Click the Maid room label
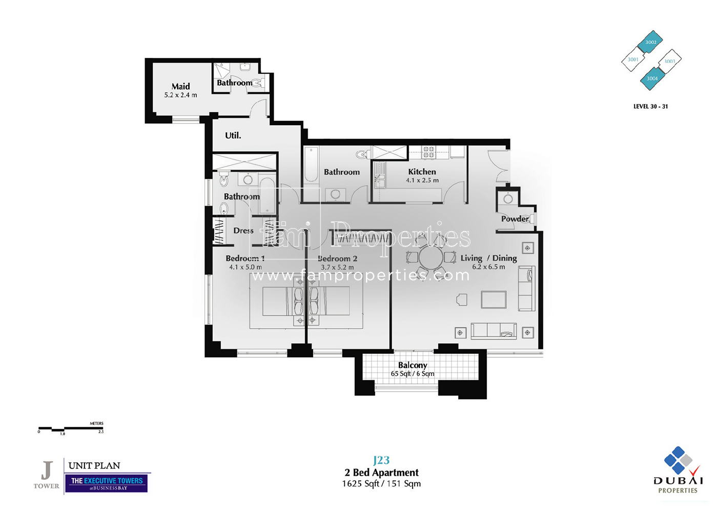click(x=180, y=86)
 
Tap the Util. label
click(x=233, y=135)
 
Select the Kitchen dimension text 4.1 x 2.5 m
click(x=422, y=180)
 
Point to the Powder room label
click(x=514, y=219)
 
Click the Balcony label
click(x=413, y=365)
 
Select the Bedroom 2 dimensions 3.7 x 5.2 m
click(x=337, y=268)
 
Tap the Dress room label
click(x=243, y=231)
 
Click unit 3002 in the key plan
click(x=650, y=42)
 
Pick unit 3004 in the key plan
click(x=652, y=78)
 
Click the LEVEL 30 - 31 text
click(x=650, y=107)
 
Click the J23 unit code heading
click(x=381, y=460)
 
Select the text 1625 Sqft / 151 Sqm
click(x=381, y=483)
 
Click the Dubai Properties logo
click(x=678, y=469)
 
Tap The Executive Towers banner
click(x=107, y=483)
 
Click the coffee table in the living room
click(x=494, y=299)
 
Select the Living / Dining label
click(x=488, y=258)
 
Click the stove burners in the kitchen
click(x=428, y=151)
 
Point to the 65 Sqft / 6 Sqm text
click(x=413, y=374)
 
